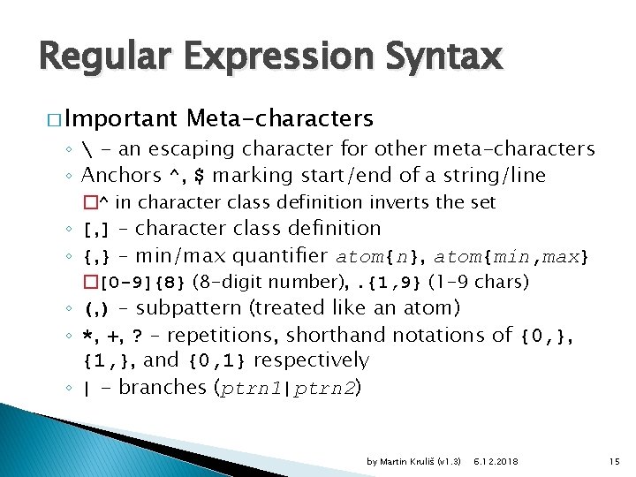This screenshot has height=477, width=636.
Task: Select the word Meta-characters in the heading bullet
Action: (281, 118)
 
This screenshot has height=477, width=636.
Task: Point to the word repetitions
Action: (220, 336)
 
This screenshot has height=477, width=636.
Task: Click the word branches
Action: (163, 388)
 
